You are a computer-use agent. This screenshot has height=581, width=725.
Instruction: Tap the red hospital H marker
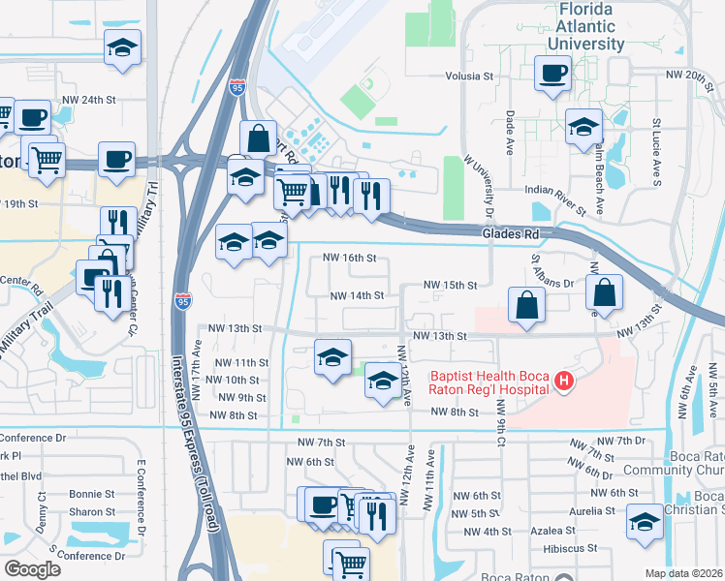(x=563, y=384)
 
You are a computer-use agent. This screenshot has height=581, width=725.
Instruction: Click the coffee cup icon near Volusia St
(x=553, y=74)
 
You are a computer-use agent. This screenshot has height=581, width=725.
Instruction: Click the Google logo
(x=32, y=569)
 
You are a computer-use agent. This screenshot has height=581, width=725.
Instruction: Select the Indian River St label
(x=555, y=199)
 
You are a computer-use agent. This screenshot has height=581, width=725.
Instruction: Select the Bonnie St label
(x=92, y=494)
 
